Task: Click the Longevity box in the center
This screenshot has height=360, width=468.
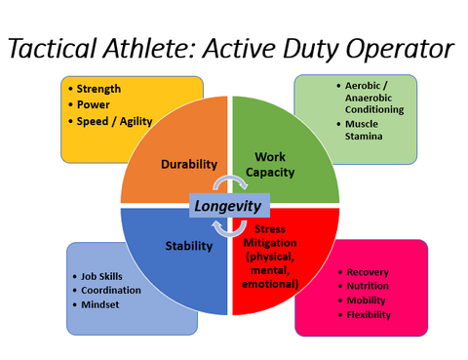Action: click(228, 207)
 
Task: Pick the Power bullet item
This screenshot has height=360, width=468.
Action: click(95, 105)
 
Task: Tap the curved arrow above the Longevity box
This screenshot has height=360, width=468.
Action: click(230, 184)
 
